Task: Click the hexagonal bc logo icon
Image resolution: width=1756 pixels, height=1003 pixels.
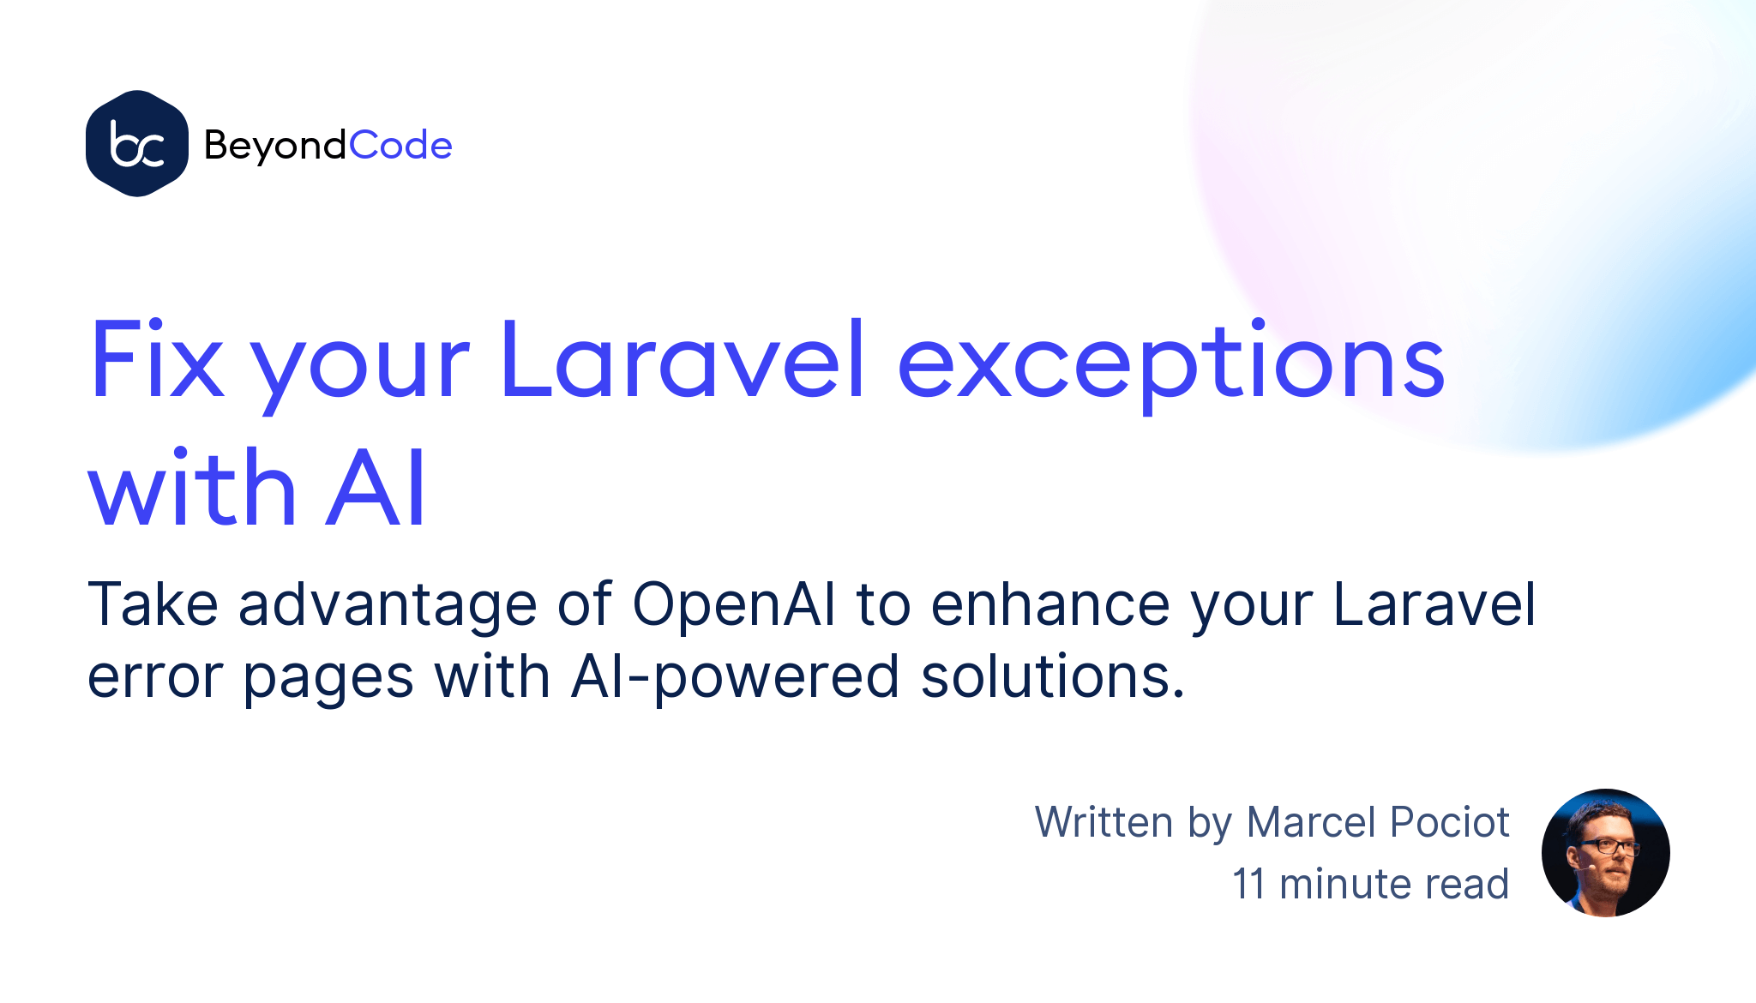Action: [137, 143]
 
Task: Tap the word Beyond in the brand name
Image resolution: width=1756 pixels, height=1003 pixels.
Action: [275, 146]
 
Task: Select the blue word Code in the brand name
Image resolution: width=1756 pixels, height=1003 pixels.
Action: [401, 145]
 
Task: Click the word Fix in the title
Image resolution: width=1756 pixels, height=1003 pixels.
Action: [157, 359]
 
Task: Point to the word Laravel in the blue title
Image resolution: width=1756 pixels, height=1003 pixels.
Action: [683, 359]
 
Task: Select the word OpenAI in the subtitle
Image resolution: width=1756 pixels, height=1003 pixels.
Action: [734, 604]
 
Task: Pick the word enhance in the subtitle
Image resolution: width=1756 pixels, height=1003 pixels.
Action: [1050, 604]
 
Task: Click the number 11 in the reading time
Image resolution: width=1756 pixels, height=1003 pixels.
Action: [1248, 884]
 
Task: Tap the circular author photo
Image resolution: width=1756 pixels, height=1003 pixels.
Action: [1606, 853]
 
